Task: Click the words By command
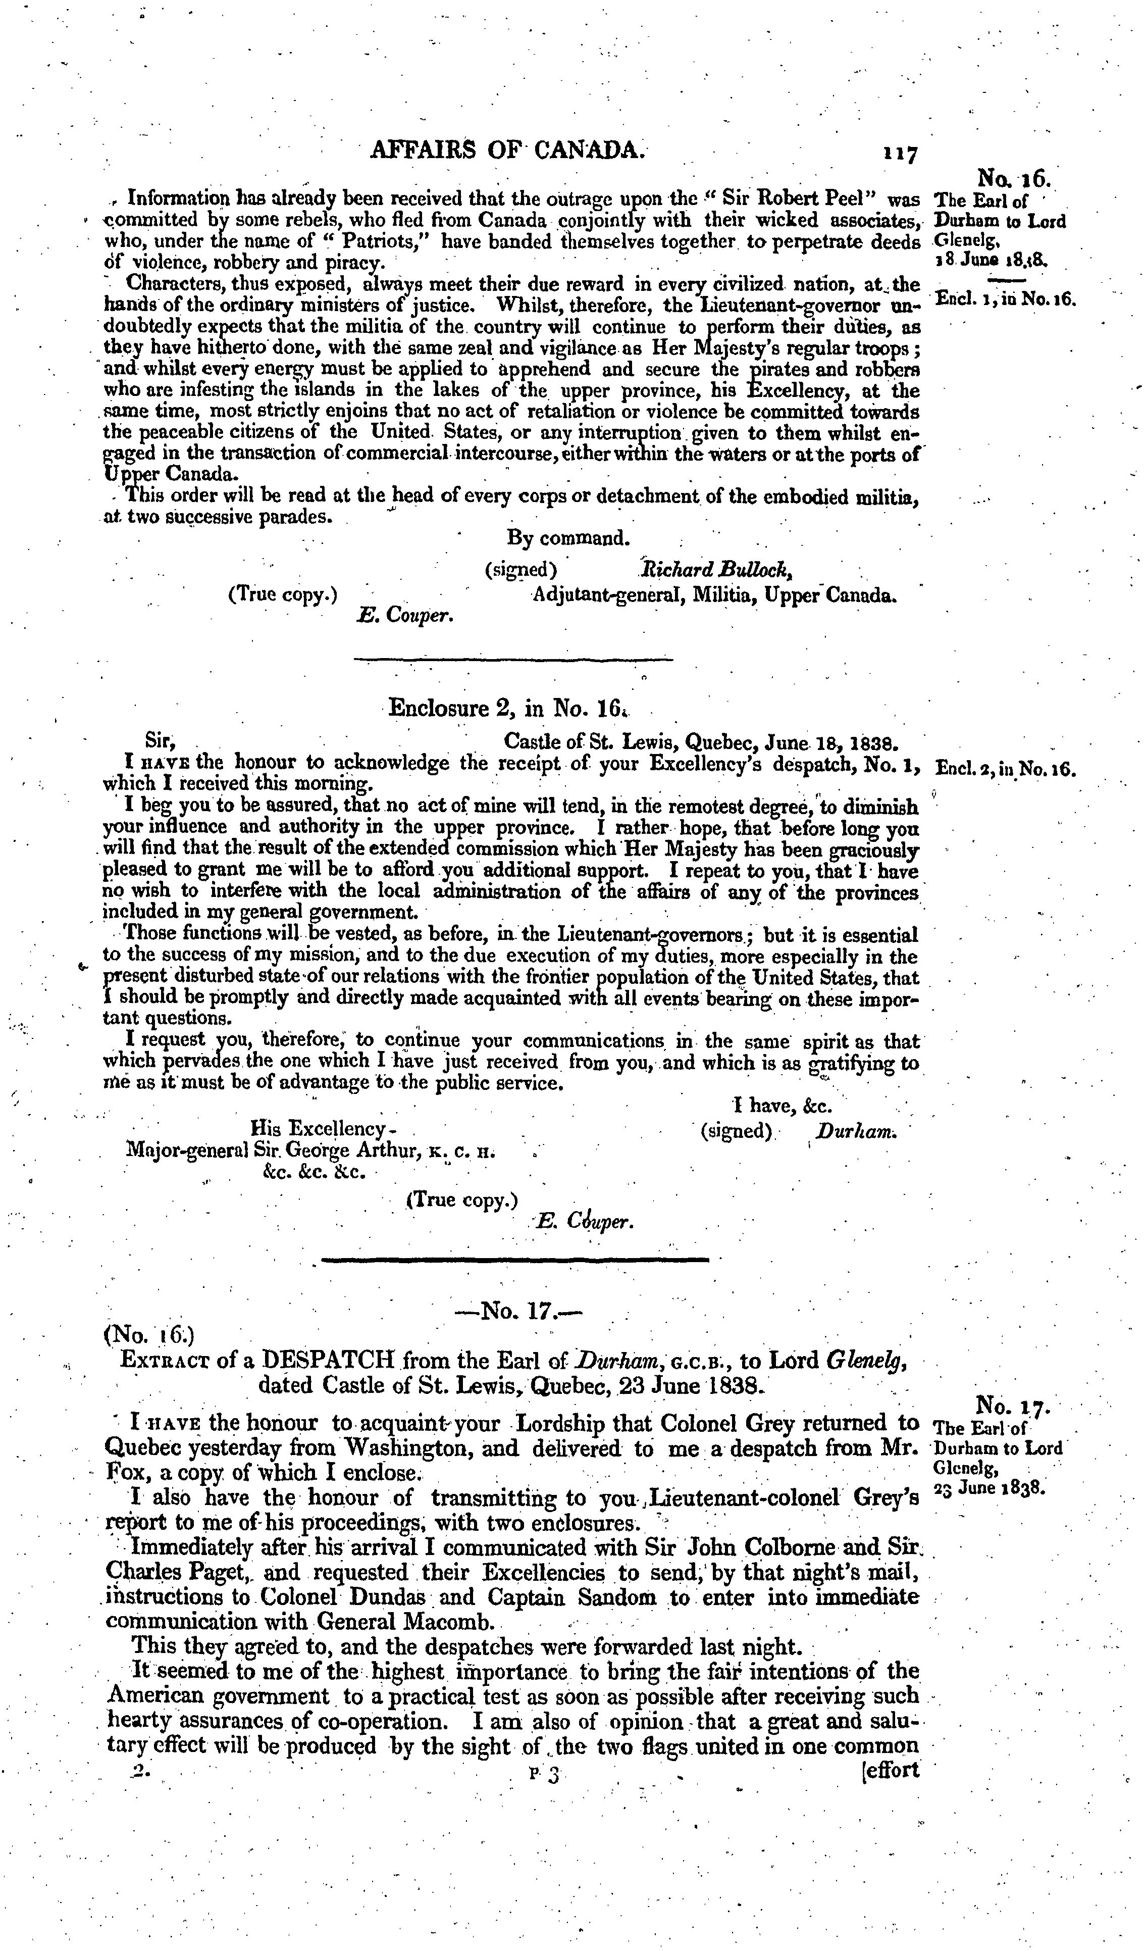[x=569, y=537]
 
